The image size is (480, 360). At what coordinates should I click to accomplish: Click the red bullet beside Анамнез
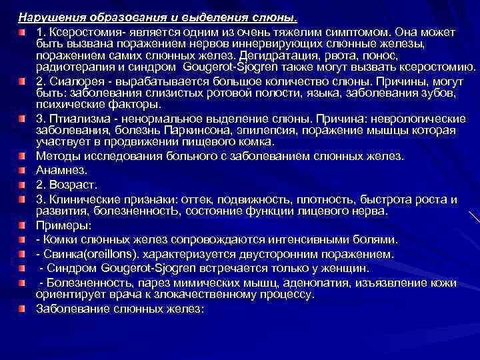pyautogui.click(x=22, y=170)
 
